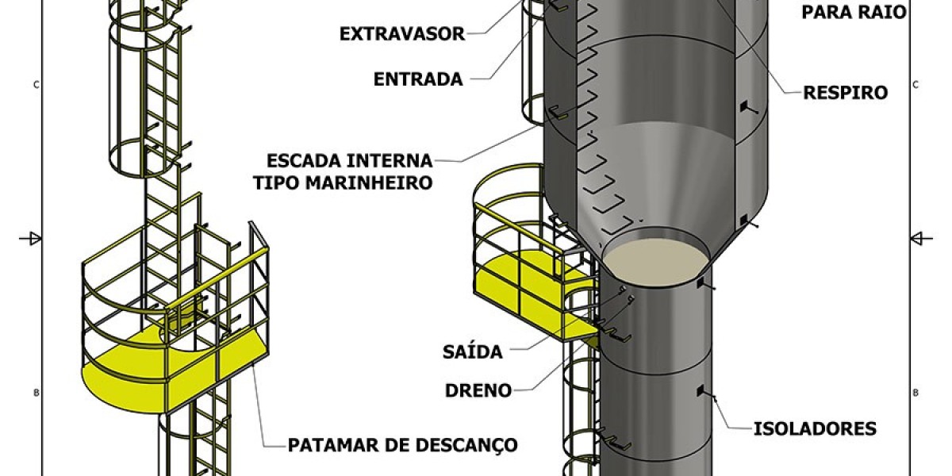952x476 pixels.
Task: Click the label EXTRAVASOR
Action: (x=401, y=34)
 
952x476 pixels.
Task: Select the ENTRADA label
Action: (x=417, y=79)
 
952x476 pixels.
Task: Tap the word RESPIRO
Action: (x=845, y=93)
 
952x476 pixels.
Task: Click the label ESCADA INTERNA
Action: (x=350, y=160)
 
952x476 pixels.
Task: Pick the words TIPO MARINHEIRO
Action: (x=343, y=182)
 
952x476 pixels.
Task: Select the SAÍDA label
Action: (x=474, y=352)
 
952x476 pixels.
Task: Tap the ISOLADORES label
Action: (x=815, y=429)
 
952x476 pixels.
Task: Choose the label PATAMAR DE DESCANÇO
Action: (x=402, y=445)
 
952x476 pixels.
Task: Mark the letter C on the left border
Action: (x=36, y=84)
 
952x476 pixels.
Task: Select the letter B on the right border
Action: (x=916, y=393)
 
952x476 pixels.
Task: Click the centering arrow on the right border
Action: (x=920, y=237)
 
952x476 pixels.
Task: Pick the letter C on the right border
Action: (x=916, y=84)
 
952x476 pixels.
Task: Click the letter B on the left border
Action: (x=36, y=393)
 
